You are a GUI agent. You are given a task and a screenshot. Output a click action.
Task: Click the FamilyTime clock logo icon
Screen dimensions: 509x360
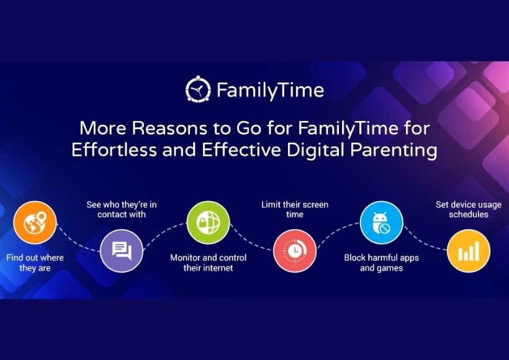click(x=198, y=89)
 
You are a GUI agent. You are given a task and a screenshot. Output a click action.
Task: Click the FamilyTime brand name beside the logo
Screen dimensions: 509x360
click(x=271, y=90)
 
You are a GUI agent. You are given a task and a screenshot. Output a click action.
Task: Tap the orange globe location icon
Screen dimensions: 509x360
click(x=35, y=222)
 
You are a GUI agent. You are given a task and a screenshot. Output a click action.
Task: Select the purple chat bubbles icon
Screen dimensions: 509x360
click(x=122, y=251)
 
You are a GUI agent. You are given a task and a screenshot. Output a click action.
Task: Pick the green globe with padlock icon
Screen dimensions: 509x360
click(x=208, y=223)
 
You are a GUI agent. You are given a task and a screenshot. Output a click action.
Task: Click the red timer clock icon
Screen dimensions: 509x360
click(x=295, y=251)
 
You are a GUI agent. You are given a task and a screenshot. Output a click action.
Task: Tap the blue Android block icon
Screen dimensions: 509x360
click(x=381, y=223)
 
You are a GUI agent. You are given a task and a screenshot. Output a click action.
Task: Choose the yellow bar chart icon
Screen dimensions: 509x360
click(x=469, y=251)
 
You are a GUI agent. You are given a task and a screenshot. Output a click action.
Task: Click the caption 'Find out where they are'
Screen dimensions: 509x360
click(x=35, y=263)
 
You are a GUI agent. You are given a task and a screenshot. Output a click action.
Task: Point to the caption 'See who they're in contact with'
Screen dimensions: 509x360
click(x=122, y=209)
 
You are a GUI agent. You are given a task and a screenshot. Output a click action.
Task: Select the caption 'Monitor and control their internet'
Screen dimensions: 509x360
click(x=208, y=263)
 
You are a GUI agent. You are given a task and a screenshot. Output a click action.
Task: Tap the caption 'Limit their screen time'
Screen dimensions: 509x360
click(x=295, y=209)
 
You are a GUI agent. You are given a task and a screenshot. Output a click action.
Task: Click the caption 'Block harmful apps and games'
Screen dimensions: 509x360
click(x=381, y=263)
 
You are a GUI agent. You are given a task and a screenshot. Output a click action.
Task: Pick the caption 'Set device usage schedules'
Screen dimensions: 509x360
click(x=469, y=209)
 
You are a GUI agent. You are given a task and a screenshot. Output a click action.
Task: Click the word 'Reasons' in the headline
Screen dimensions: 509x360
click(x=169, y=128)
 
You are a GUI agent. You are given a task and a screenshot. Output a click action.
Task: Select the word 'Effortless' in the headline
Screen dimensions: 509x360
click(x=114, y=150)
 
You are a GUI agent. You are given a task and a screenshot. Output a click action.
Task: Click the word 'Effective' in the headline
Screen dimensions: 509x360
click(x=241, y=150)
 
